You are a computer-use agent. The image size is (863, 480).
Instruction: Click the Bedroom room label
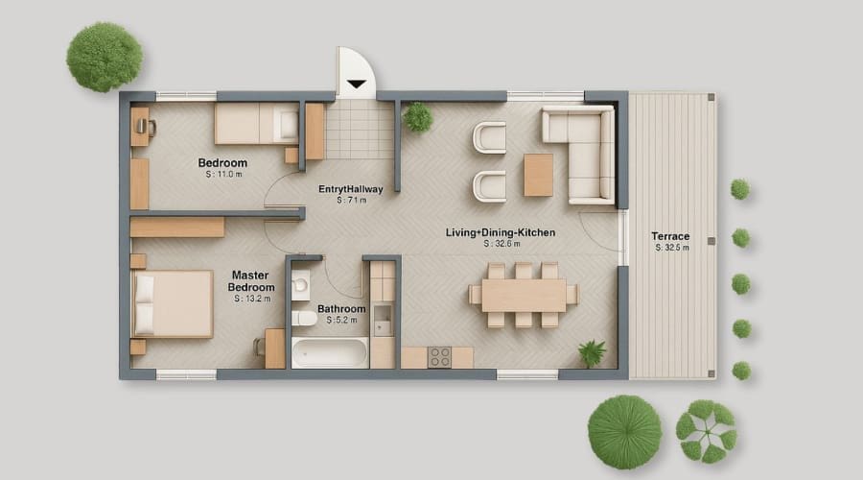click(222, 162)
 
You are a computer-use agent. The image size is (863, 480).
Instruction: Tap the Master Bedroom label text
click(252, 281)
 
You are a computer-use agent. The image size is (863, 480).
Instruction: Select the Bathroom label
click(341, 309)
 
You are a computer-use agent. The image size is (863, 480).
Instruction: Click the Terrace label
click(670, 236)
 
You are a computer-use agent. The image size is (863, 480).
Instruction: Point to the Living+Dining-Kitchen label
click(501, 232)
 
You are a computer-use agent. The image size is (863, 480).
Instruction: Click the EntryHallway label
click(350, 189)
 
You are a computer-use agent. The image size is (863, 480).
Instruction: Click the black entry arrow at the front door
click(356, 84)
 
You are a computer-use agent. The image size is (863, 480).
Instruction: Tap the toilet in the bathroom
click(300, 284)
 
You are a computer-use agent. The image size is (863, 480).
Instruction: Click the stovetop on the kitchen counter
click(439, 357)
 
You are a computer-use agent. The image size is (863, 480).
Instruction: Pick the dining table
click(523, 295)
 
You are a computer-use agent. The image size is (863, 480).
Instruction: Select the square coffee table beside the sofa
click(538, 175)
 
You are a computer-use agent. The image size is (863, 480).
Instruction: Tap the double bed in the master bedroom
click(173, 303)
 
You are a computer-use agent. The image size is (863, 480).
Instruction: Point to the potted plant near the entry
click(418, 117)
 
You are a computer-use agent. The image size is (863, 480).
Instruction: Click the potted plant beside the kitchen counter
click(592, 352)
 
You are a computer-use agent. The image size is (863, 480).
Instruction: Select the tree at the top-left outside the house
click(104, 57)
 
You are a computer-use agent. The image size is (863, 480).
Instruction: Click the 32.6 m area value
click(502, 244)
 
